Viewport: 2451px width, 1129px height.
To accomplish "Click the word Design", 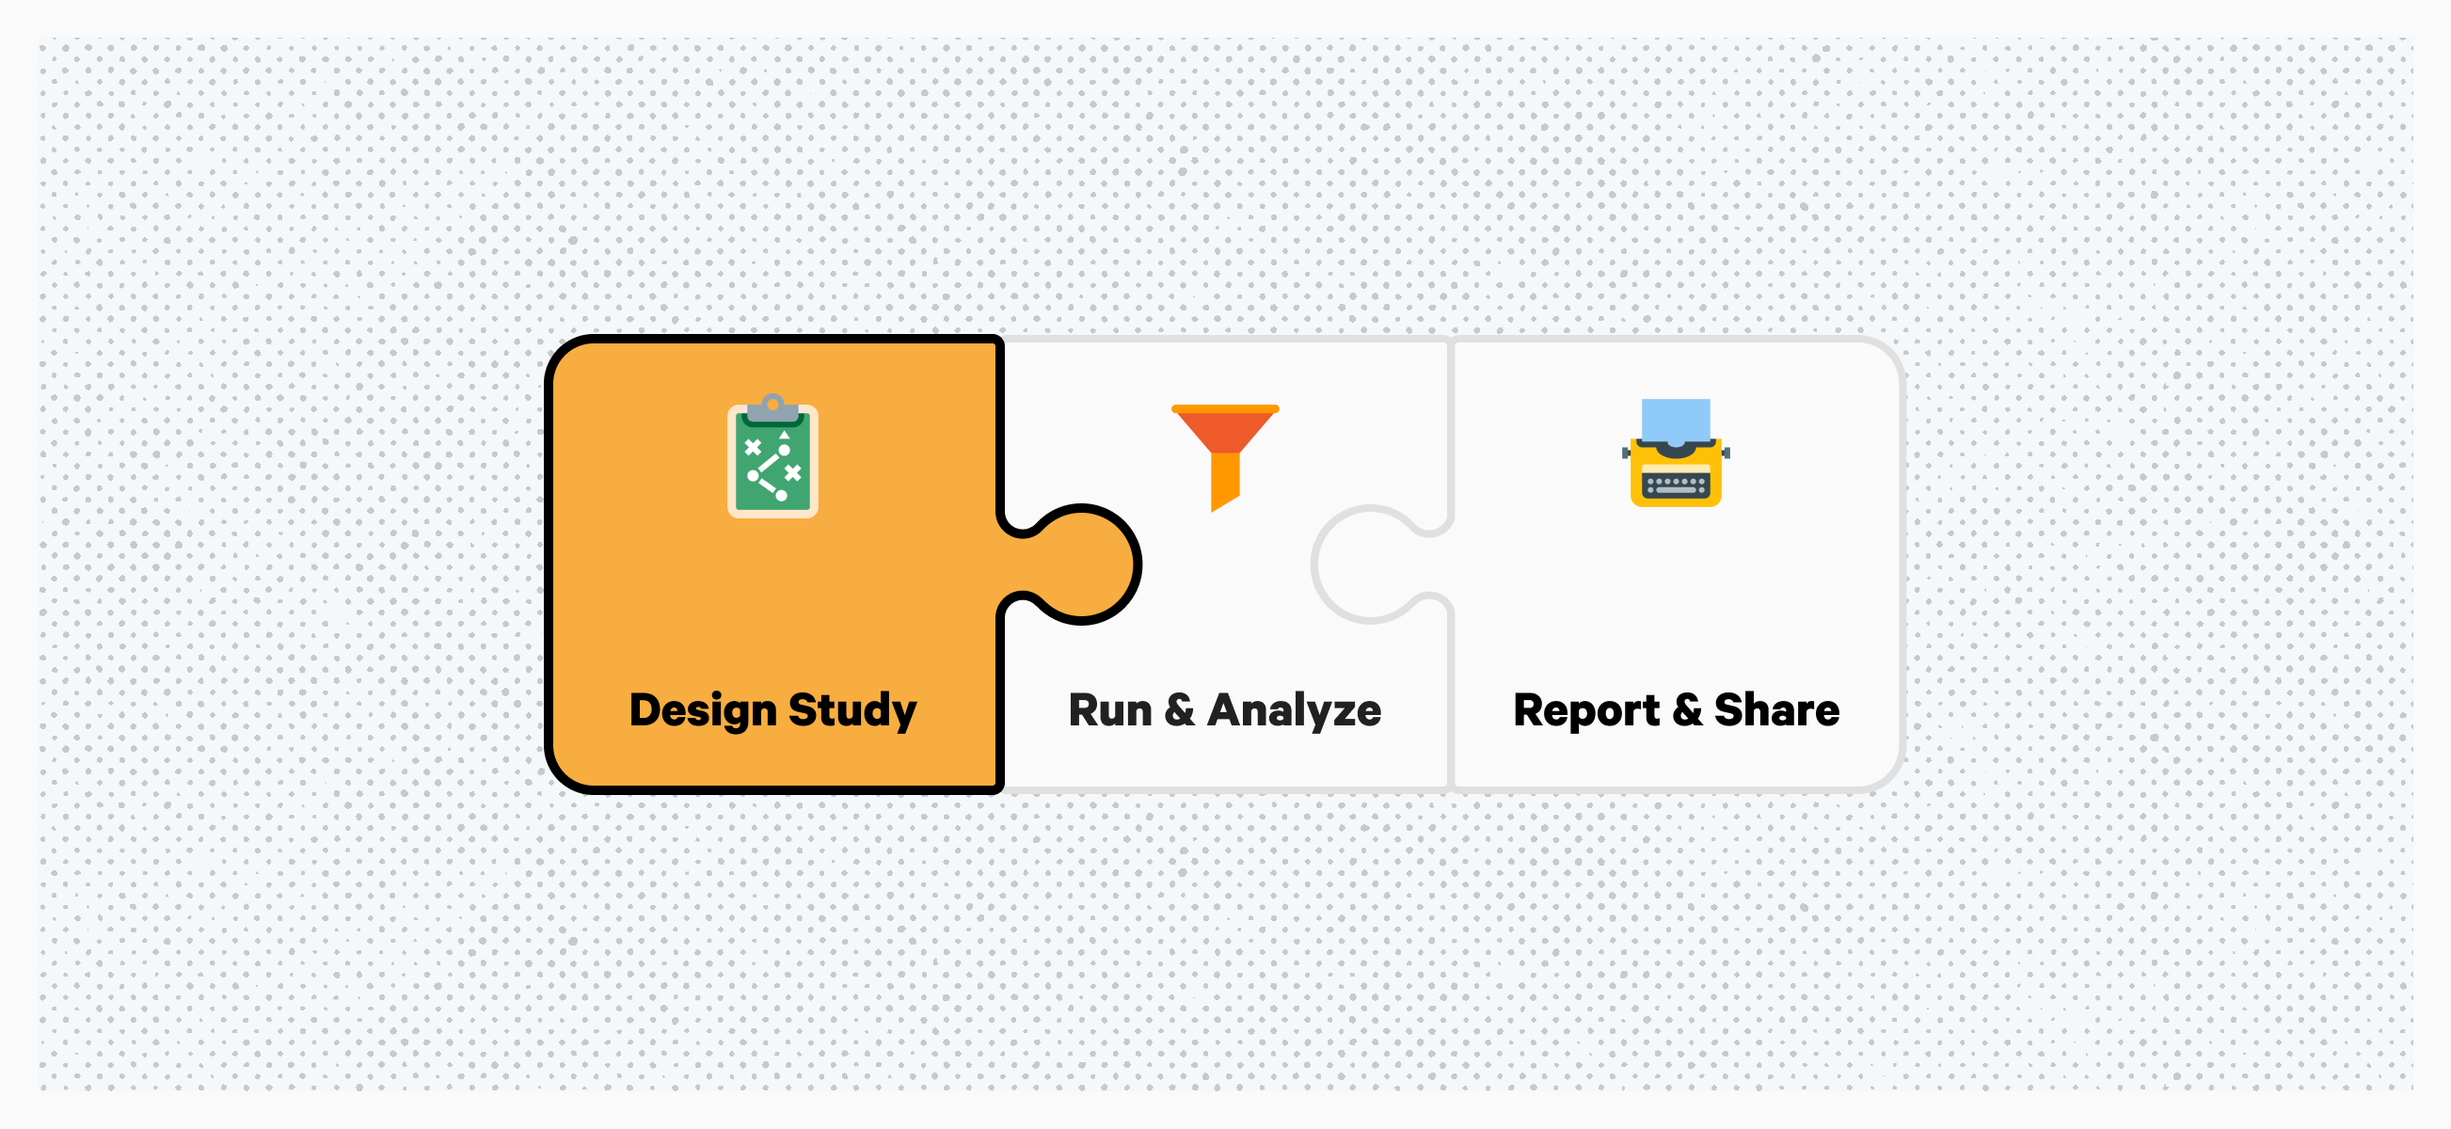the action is click(703, 710).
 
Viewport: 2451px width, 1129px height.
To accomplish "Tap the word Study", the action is click(852, 710).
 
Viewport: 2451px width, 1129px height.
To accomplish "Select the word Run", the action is click(1110, 710).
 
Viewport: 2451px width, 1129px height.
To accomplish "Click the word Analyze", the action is click(1294, 710).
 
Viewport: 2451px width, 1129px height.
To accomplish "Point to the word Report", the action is click(1586, 711).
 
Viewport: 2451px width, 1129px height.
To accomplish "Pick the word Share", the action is click(1776, 709).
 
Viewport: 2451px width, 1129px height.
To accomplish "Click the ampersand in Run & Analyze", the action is click(1180, 710).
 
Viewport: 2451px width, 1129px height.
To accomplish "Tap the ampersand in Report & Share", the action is click(1687, 710).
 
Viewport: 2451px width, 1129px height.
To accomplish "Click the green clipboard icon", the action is click(772, 455).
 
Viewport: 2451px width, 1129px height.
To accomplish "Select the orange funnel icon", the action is click(1225, 457).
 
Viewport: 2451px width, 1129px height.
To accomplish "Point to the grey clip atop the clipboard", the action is click(772, 408).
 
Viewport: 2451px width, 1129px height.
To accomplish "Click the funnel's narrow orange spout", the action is click(1224, 482).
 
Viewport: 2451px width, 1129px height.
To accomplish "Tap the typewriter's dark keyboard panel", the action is click(1676, 486).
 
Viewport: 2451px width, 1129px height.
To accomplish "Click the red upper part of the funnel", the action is click(1225, 429).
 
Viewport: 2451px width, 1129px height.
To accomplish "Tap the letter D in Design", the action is click(647, 709).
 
